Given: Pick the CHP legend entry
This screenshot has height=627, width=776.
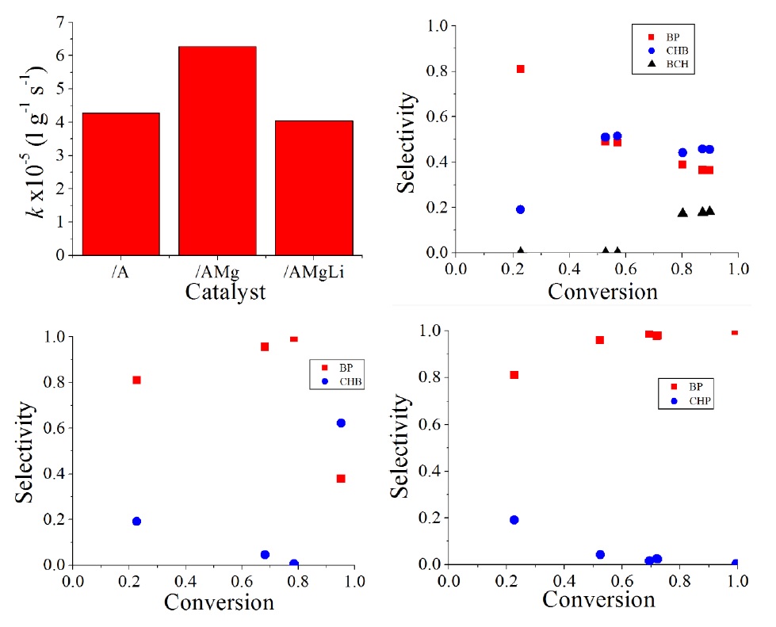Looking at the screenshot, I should [x=692, y=401].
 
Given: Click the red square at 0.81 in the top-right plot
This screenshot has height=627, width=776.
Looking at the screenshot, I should [x=520, y=69].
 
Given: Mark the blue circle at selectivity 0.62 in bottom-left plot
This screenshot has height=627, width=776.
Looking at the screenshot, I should [x=341, y=422].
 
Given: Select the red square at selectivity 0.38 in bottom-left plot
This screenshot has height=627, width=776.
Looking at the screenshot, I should [x=341, y=478].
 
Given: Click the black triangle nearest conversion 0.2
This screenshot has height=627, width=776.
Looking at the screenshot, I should [x=521, y=250].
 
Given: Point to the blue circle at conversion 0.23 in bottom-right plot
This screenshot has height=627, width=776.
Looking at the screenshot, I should [x=514, y=520].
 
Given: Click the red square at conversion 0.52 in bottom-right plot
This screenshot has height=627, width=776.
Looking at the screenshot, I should [x=600, y=340].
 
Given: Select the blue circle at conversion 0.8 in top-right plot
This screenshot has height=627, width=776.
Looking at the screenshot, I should [x=682, y=152].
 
